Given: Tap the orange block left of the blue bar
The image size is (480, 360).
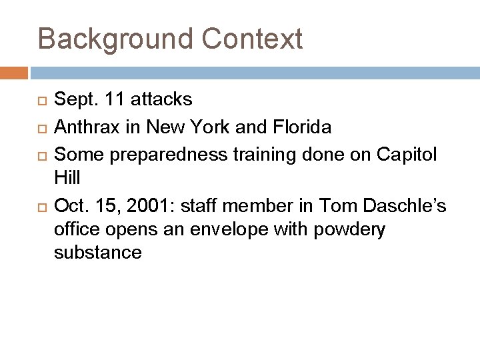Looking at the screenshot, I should pos(14,72).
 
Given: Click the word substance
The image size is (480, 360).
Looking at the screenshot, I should pos(97,252).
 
